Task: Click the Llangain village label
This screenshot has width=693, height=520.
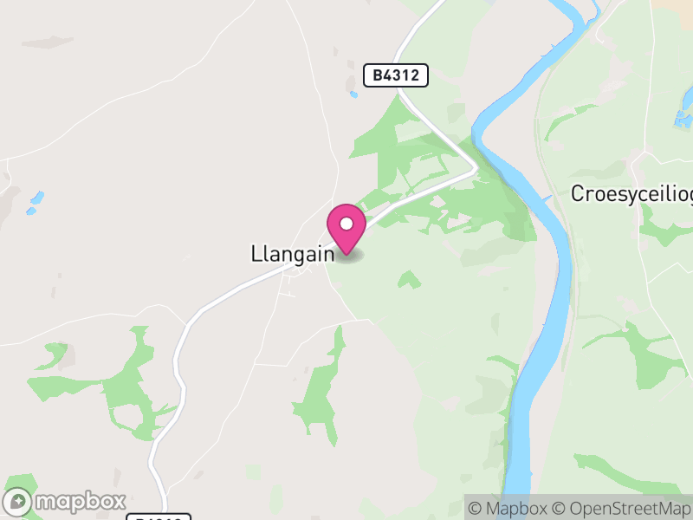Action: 291,254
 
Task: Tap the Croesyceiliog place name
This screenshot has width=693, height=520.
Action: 631,194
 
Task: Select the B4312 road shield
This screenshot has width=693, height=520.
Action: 396,75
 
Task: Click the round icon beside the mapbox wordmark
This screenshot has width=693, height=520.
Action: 20,502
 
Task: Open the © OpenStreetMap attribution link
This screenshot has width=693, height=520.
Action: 622,508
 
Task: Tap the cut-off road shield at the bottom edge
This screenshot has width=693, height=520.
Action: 159,517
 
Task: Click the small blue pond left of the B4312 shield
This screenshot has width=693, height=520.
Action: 353,94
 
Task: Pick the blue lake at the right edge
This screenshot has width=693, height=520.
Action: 683,117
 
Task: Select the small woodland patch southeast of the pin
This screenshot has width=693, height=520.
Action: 409,279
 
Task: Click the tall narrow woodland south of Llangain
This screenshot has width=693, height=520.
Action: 320,390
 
